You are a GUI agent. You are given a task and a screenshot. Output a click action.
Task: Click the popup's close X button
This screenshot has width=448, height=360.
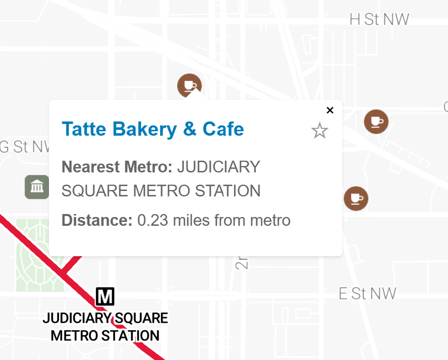[x=330, y=110]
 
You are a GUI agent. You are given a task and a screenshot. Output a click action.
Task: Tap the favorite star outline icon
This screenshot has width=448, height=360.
[x=320, y=131]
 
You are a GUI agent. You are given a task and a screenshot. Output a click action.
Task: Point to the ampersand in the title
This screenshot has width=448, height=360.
[x=189, y=129]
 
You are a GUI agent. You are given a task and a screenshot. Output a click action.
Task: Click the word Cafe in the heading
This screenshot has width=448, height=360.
[x=223, y=129]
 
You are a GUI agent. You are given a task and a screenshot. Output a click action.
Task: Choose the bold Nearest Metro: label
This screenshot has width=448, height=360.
[x=117, y=167]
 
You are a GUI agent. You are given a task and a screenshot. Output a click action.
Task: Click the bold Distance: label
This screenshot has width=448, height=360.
[x=97, y=220]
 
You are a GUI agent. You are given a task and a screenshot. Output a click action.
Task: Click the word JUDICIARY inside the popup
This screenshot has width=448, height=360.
[x=218, y=167]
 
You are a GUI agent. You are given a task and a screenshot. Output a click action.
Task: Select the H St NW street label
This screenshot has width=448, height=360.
[x=379, y=20]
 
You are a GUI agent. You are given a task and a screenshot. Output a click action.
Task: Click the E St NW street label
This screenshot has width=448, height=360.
[x=367, y=294]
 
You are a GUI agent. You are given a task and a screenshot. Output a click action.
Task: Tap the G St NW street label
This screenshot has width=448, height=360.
[x=24, y=147]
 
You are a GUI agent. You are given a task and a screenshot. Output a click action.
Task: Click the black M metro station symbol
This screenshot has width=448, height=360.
[x=105, y=296]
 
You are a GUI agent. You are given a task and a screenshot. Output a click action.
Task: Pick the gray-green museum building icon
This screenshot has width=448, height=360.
[x=37, y=187]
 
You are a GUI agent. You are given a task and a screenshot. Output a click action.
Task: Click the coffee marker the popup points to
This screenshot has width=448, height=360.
[x=189, y=86]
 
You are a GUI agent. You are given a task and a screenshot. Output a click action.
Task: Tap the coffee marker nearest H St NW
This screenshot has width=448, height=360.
[x=376, y=121]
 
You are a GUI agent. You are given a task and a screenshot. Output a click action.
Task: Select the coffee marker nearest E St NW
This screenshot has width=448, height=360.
[x=356, y=198]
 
